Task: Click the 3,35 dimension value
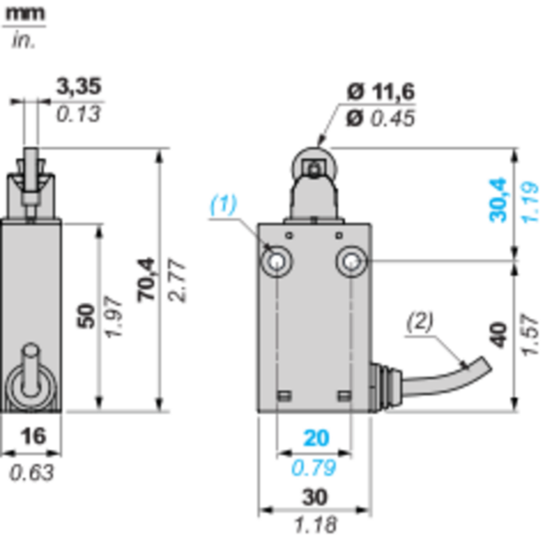pyautogui.click(x=79, y=86)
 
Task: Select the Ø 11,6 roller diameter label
pyautogui.click(x=381, y=92)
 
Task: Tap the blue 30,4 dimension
pyautogui.click(x=498, y=200)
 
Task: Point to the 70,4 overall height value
pyautogui.click(x=145, y=280)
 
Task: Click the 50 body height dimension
pyautogui.click(x=86, y=316)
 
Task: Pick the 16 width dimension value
pyautogui.click(x=33, y=437)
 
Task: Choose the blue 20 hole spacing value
pyautogui.click(x=316, y=438)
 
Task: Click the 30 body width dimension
pyautogui.click(x=315, y=497)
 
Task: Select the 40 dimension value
pyautogui.click(x=499, y=335)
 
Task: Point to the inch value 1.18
pyautogui.click(x=315, y=525)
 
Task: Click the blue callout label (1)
pyautogui.click(x=223, y=204)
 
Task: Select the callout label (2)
pyautogui.click(x=420, y=321)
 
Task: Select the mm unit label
pyautogui.click(x=25, y=14)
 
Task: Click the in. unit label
pyautogui.click(x=24, y=41)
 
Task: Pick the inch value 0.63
pyautogui.click(x=32, y=473)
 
